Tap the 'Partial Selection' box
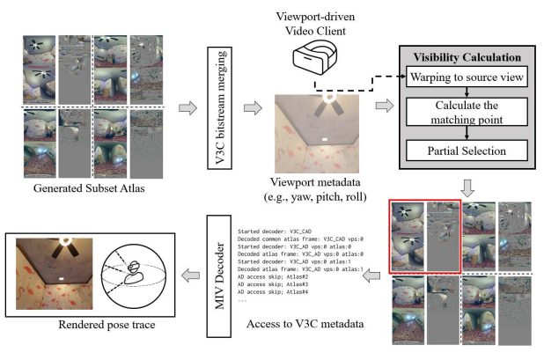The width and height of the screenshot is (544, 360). point(467,150)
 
